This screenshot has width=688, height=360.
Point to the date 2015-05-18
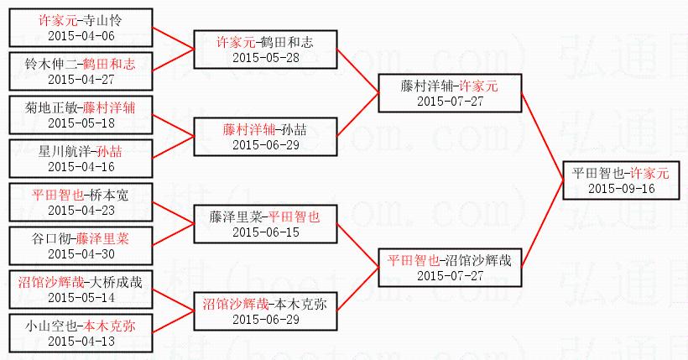tap(81, 123)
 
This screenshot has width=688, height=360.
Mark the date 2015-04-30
tap(81, 253)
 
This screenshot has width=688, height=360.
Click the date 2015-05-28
tap(265, 57)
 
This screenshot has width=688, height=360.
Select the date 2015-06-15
tap(265, 232)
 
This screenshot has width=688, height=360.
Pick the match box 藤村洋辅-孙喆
tap(265, 137)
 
